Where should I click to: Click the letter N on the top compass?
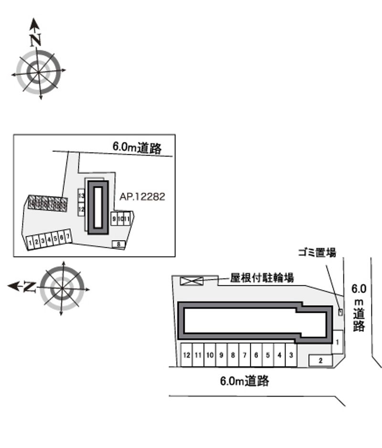coord(34,41)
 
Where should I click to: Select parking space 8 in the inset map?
coord(118,244)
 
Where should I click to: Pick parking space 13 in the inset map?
coord(81,196)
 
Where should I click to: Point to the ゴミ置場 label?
coord(317,253)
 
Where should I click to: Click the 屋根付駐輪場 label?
coord(262,278)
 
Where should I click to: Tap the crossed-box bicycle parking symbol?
coord(191,281)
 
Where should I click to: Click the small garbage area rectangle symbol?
coord(340,312)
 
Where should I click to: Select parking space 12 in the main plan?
coord(186,355)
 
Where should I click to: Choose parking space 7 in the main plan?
coord(244,355)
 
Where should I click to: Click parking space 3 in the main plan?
coord(291,355)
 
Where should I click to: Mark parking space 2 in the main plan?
coord(321,360)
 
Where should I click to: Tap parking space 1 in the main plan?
coord(337,342)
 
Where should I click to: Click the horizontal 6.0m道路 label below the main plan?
coord(245,381)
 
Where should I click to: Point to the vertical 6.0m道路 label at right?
coord(359,307)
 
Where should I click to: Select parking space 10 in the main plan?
coord(210,355)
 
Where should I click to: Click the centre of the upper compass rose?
coord(38,71)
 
